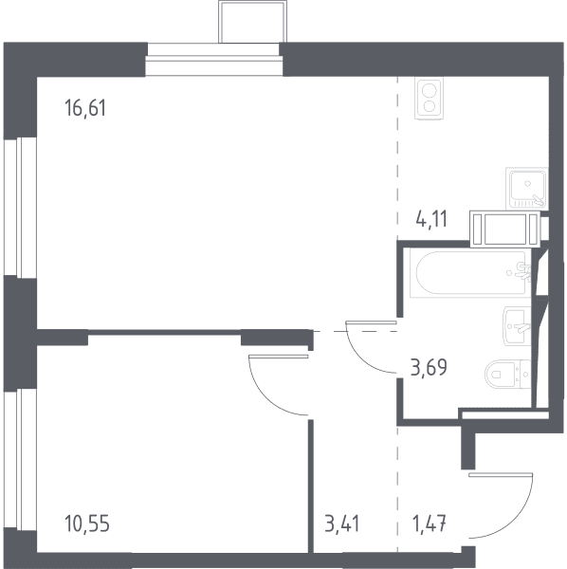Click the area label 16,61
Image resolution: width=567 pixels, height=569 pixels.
[x=85, y=108]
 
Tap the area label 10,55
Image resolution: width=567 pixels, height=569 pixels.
[x=87, y=523]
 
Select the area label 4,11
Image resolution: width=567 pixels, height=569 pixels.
[x=431, y=219]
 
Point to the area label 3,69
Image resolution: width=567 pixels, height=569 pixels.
[x=429, y=367]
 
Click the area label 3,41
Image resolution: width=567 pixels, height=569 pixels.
[x=342, y=523]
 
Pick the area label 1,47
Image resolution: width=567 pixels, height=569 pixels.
[x=430, y=523]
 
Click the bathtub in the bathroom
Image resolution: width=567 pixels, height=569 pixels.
[x=470, y=273]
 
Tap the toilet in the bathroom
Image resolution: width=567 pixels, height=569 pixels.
[x=508, y=374]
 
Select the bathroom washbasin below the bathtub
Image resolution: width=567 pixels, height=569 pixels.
[x=517, y=326]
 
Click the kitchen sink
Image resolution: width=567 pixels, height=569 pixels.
[x=527, y=188]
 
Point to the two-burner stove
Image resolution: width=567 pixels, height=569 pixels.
[x=430, y=99]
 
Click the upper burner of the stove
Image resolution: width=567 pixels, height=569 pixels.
[x=430, y=90]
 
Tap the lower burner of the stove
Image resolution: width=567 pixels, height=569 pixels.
[x=430, y=106]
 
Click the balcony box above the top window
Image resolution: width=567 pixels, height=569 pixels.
[x=252, y=22]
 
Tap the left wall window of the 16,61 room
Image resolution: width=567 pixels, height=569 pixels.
[x=20, y=207]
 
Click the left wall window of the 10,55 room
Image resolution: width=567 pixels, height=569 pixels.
[x=20, y=459]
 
